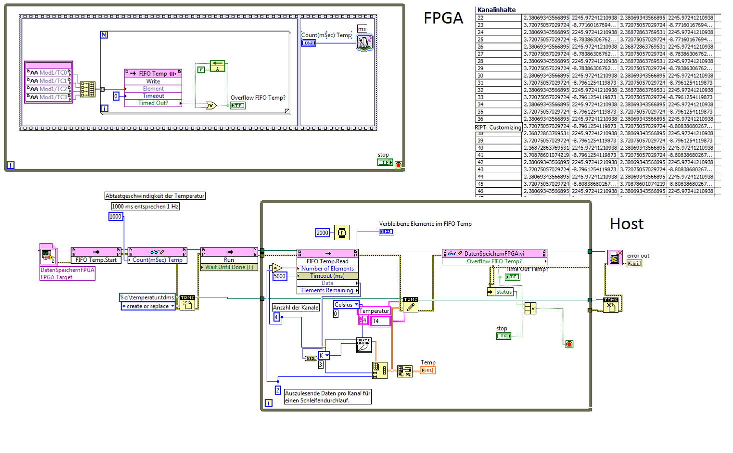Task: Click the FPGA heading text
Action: click(x=443, y=19)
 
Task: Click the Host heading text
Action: click(x=626, y=224)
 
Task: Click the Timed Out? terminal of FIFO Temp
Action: click(x=153, y=103)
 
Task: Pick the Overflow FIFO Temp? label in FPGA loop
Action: click(x=258, y=98)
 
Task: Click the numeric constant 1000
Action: click(x=116, y=217)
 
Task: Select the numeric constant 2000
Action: click(x=322, y=233)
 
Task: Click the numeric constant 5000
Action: click(x=279, y=276)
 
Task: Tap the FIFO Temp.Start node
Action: click(x=96, y=260)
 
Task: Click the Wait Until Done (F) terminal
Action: click(x=229, y=267)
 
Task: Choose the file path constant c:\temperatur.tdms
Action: click(x=149, y=297)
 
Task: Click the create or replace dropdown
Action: click(x=148, y=306)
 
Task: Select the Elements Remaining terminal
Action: click(x=327, y=290)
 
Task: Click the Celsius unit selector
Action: click(x=346, y=305)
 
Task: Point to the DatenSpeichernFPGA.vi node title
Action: click(x=494, y=254)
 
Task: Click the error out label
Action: click(x=638, y=256)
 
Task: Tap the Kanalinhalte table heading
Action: click(x=496, y=10)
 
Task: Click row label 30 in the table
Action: click(x=480, y=76)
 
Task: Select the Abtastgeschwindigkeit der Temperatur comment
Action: click(x=155, y=196)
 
